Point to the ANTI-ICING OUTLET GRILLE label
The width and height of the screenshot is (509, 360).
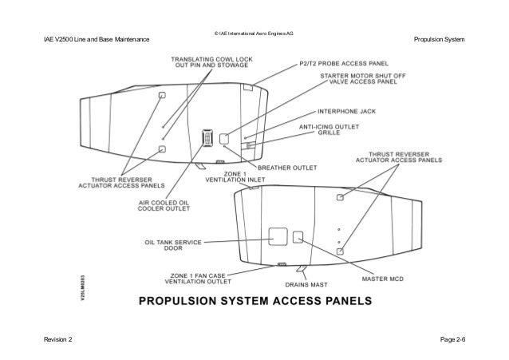point(330,130)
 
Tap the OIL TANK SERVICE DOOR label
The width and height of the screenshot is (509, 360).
point(173,243)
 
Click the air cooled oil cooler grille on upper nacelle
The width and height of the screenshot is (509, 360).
point(207,138)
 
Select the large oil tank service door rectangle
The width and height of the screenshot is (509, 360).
point(278,236)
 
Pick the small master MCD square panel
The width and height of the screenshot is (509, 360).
point(299,236)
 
